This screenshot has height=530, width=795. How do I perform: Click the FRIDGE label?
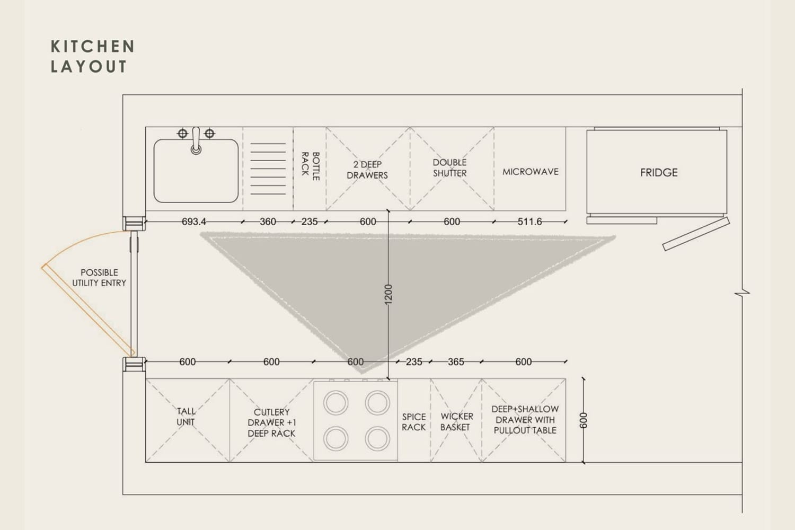[x=659, y=173]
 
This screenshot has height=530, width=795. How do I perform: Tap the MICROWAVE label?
[x=530, y=172]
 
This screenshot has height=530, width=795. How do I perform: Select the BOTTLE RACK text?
[x=311, y=166]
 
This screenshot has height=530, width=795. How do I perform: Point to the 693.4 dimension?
[x=194, y=222]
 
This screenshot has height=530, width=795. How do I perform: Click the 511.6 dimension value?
[x=529, y=222]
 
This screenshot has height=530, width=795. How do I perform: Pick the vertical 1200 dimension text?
[x=388, y=294]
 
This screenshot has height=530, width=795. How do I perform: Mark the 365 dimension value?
[x=456, y=362]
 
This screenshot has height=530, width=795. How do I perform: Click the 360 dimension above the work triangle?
[x=268, y=222]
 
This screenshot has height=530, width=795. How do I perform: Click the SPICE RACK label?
[x=414, y=422]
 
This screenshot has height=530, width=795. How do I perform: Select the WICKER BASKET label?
[x=456, y=422]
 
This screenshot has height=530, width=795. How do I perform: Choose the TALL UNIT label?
[x=185, y=417]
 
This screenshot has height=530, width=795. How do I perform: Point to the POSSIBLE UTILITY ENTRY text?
[x=99, y=278]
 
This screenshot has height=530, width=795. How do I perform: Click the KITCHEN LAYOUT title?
[x=93, y=56]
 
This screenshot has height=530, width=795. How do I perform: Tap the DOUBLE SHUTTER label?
[x=449, y=168]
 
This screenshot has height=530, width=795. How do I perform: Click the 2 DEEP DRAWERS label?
[x=367, y=170]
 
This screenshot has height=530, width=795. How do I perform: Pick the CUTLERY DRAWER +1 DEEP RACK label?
[x=271, y=422]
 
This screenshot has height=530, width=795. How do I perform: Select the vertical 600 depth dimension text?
[x=583, y=420]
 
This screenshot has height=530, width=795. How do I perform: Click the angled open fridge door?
[x=696, y=234]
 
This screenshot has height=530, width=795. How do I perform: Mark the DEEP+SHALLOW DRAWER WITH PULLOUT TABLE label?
[x=525, y=420]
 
